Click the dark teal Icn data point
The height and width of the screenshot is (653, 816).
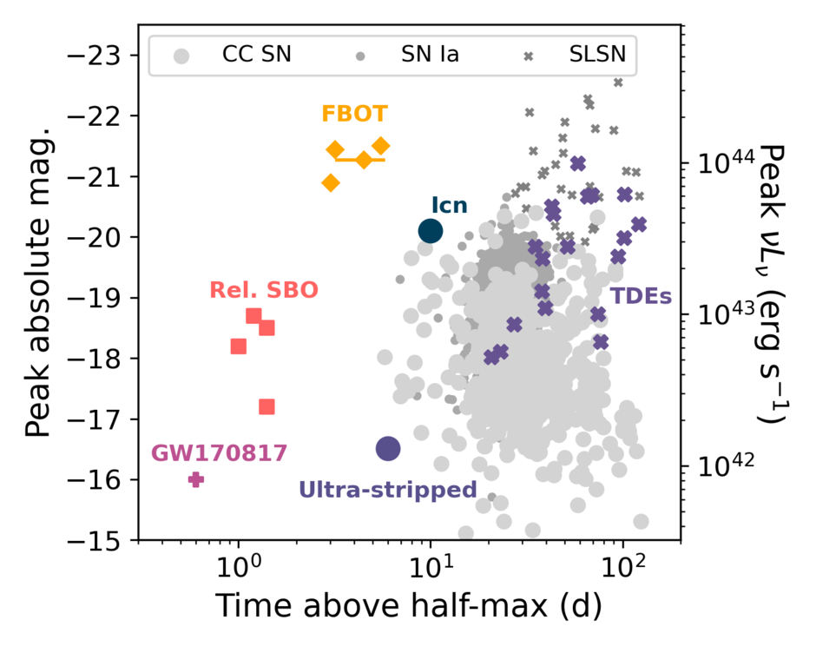pos(431,231)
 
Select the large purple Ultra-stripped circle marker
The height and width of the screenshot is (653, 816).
pos(388,448)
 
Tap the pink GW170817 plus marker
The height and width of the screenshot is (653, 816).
pos(196,479)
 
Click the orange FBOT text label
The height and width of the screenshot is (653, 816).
pos(354,114)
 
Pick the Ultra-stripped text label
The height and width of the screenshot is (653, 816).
pos(387,490)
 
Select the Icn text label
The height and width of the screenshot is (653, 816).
pos(449,206)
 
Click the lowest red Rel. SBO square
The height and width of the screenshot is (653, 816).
pos(267,406)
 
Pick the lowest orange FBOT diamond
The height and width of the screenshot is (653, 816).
pos(331,182)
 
